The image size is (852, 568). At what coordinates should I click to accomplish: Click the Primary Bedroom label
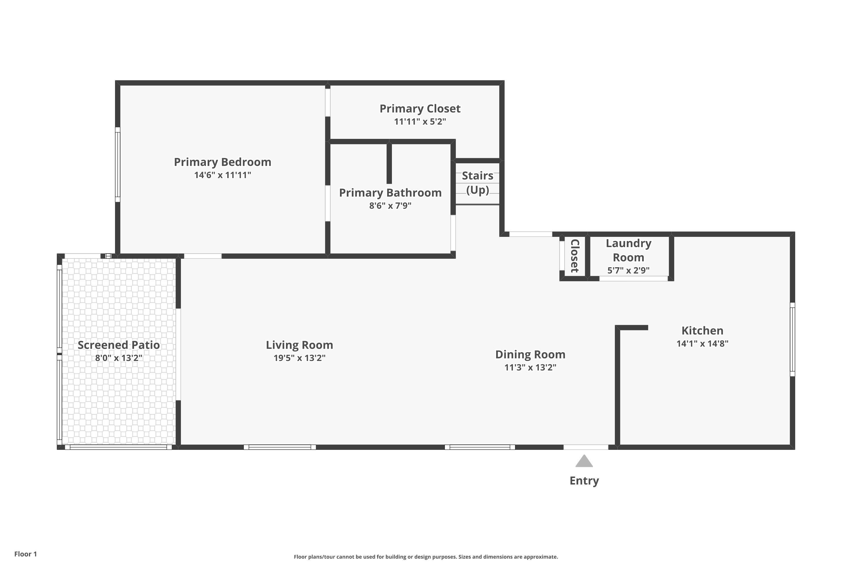click(222, 162)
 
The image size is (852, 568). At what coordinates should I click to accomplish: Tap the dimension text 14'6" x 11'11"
click(222, 175)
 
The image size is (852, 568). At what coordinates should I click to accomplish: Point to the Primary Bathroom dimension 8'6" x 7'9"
click(390, 206)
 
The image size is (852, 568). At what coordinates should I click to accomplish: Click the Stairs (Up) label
click(477, 183)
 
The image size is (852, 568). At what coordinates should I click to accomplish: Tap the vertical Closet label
click(575, 256)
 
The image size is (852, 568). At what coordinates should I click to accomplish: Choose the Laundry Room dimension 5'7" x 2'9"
click(628, 270)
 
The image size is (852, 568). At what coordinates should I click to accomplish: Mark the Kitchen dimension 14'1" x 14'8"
click(702, 343)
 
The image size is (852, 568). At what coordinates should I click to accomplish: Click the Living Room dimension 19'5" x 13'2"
click(300, 358)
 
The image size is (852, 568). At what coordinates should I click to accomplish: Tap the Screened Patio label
click(119, 345)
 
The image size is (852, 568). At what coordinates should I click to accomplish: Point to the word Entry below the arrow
click(584, 481)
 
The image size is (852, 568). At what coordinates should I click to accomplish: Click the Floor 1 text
click(26, 554)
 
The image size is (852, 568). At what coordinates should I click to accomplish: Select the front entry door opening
click(586, 447)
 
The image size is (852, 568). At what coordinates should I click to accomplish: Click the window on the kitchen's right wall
click(792, 339)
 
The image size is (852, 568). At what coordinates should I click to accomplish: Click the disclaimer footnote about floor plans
click(426, 557)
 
